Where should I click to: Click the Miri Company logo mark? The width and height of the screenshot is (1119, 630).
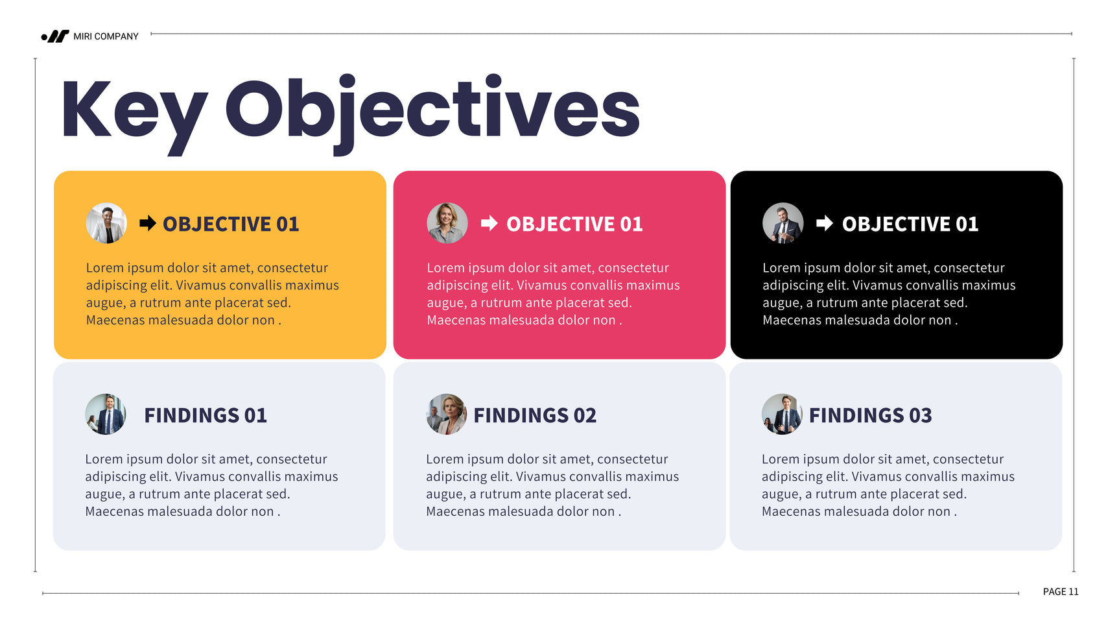click(x=55, y=36)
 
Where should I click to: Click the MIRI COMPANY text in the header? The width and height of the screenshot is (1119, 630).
click(x=106, y=36)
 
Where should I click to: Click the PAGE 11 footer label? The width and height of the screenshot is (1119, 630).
click(x=1061, y=592)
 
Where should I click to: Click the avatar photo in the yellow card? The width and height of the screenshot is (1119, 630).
click(x=106, y=223)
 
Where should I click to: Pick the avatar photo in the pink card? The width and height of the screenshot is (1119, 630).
click(x=447, y=223)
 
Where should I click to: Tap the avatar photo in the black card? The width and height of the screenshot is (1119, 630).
click(x=783, y=223)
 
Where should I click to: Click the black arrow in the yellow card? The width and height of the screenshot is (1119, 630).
click(x=148, y=223)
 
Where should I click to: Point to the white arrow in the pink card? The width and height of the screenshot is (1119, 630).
click(x=489, y=223)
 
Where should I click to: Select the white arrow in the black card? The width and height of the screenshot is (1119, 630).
click(x=825, y=223)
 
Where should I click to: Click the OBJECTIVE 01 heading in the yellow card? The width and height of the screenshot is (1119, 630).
click(x=231, y=224)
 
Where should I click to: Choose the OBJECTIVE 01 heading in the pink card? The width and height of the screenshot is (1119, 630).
click(x=574, y=224)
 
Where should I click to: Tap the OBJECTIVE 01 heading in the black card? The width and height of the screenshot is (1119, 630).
click(x=910, y=224)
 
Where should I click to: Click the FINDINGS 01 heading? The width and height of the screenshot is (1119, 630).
click(x=206, y=415)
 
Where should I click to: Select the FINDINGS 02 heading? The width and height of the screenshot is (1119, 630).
click(x=535, y=415)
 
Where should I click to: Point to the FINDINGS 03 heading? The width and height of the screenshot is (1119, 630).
click(x=871, y=415)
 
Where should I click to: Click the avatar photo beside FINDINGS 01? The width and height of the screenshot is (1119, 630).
click(x=106, y=414)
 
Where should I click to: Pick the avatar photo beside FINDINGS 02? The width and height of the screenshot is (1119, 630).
click(x=447, y=414)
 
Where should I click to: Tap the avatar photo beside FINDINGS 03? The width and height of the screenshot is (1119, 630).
click(x=783, y=414)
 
